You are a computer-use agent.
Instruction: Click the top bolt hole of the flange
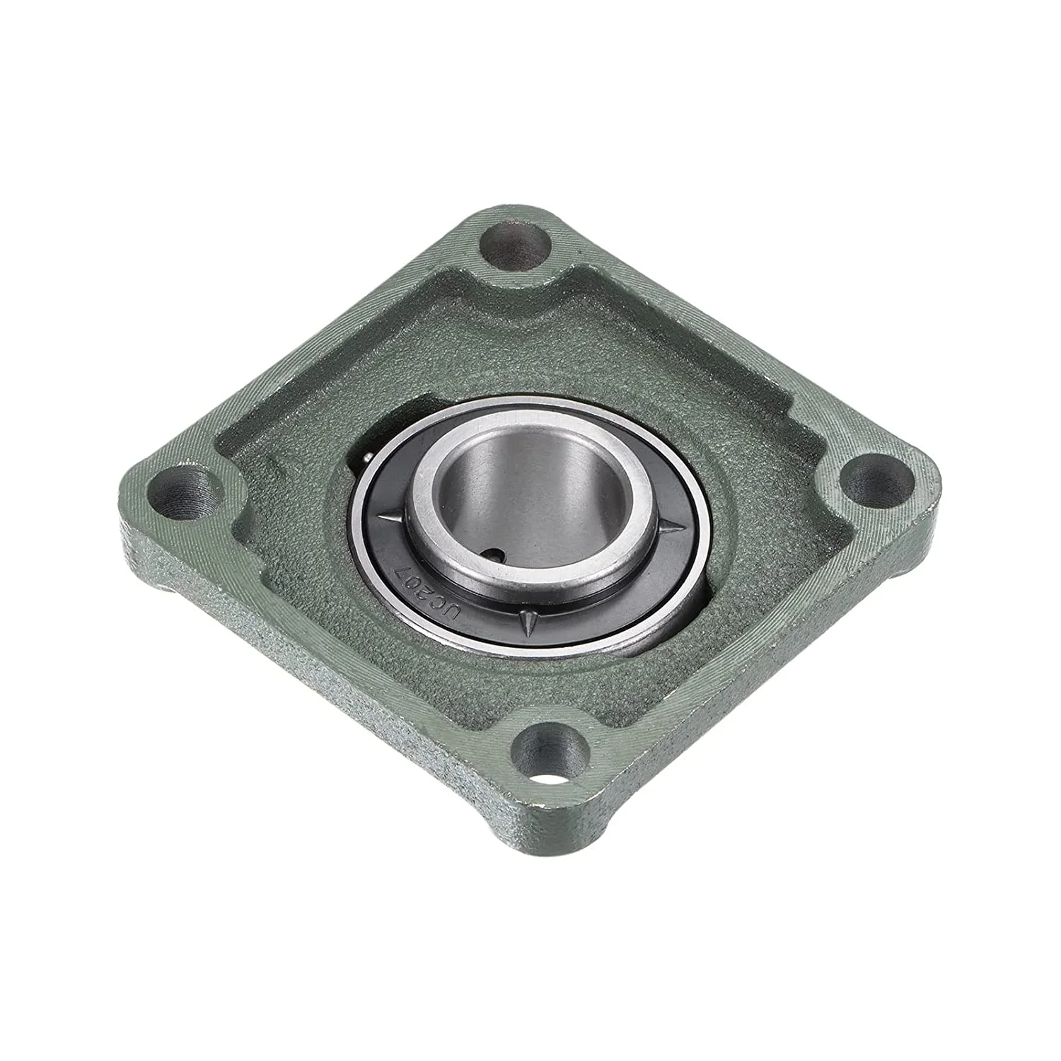(x=515, y=244)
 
